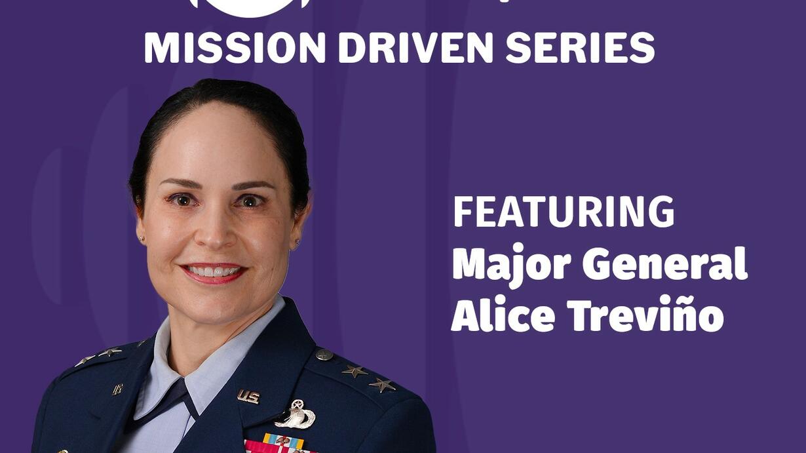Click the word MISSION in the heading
235,48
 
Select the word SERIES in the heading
580,48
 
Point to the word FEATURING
564,212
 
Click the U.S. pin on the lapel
248,397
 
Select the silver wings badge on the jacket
295,414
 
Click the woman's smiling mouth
214,273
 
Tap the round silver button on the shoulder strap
324,355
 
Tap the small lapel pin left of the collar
118,389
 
